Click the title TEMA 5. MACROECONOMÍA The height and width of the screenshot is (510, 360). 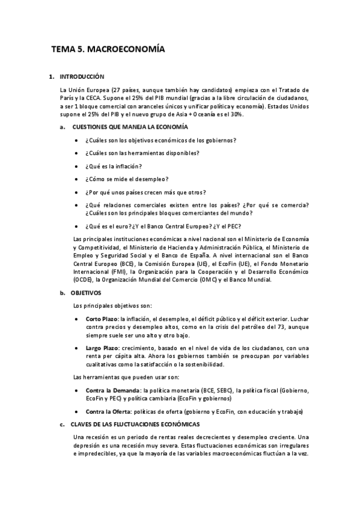(108, 51)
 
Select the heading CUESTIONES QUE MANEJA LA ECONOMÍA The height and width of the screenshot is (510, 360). (130, 127)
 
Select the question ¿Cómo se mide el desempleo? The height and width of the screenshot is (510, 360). (126, 179)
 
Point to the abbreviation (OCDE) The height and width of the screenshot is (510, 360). (82, 279)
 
